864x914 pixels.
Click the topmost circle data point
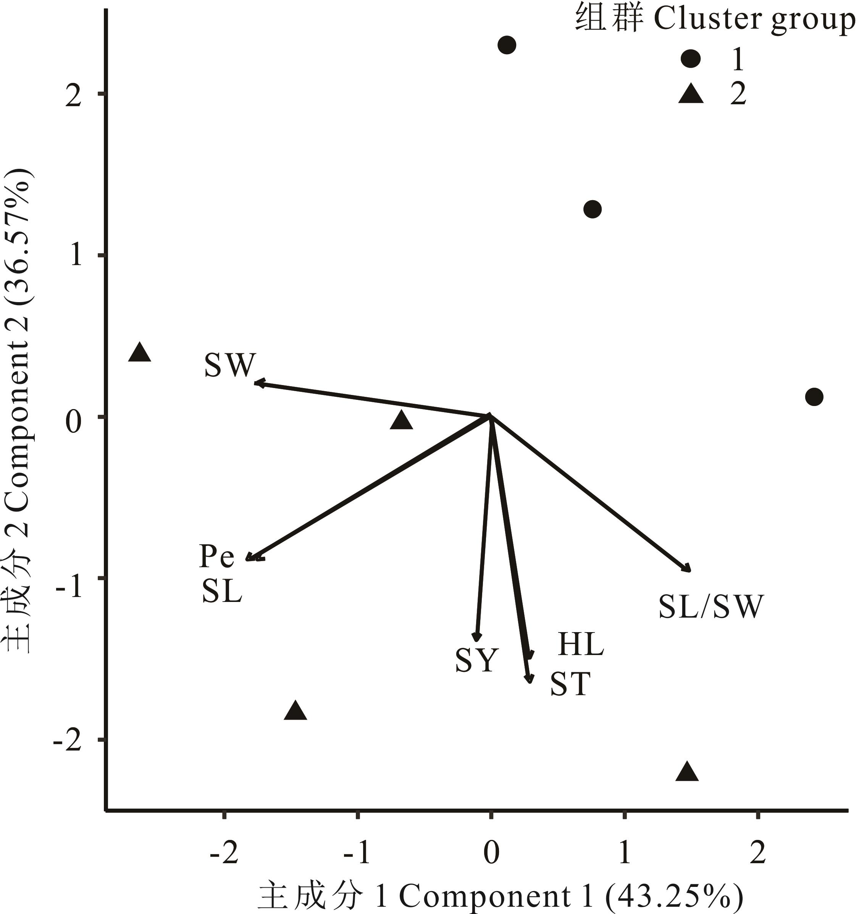pyautogui.click(x=507, y=45)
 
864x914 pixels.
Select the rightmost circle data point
pyautogui.click(x=814, y=396)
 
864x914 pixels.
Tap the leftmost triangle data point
pyautogui.click(x=140, y=353)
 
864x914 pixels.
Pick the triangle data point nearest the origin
pyautogui.click(x=401, y=420)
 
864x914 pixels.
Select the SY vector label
pyautogui.click(x=477, y=660)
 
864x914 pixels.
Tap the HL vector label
pyautogui.click(x=581, y=644)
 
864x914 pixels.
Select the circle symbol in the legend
pyautogui.click(x=691, y=58)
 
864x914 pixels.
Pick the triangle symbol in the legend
pyautogui.click(x=691, y=94)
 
